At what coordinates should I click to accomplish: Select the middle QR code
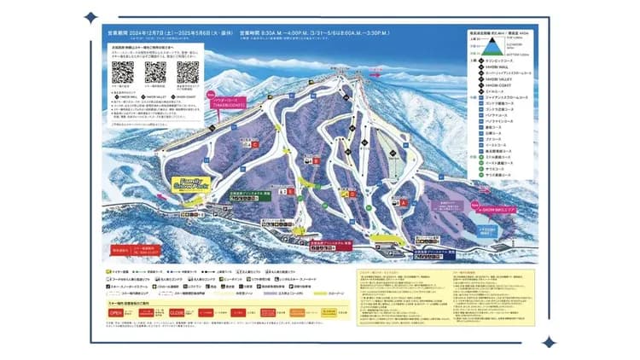(x=155, y=73)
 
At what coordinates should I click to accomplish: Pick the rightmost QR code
(x=188, y=73)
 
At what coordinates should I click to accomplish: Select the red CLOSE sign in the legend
(x=177, y=314)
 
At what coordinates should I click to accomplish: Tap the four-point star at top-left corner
(x=90, y=16)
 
